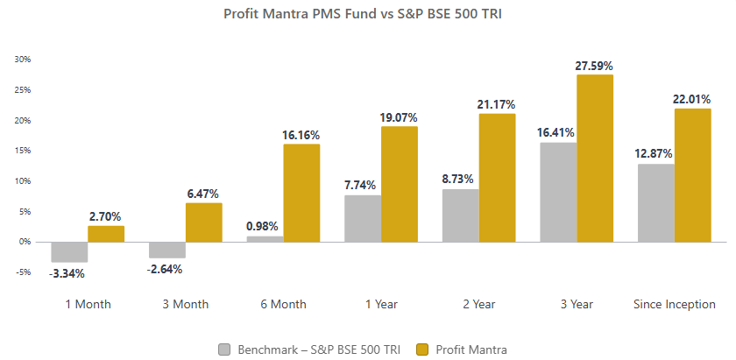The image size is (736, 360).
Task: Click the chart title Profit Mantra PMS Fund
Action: [x=367, y=14]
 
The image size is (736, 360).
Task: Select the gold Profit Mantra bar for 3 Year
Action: [x=595, y=158]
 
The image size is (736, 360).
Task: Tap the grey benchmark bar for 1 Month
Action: [x=69, y=251]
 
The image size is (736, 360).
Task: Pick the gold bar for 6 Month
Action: [x=301, y=193]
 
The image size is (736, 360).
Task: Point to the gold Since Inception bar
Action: [x=692, y=175]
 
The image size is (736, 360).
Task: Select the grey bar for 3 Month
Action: [x=166, y=250]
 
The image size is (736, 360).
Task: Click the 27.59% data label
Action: [x=595, y=66]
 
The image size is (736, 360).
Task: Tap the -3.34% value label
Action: [x=67, y=273]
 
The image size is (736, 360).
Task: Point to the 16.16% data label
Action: [x=301, y=135]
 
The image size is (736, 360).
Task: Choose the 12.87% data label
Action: [x=654, y=154]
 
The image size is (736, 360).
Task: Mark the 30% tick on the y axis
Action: [x=23, y=60]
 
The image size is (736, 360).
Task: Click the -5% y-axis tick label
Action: [x=23, y=272]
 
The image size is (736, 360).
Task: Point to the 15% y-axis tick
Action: [x=23, y=151]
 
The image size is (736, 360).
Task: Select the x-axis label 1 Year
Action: [x=380, y=305]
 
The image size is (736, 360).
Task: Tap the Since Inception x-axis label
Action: [x=674, y=305]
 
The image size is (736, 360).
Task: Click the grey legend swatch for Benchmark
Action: [x=224, y=349]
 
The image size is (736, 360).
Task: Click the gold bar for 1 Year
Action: [x=399, y=184]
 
